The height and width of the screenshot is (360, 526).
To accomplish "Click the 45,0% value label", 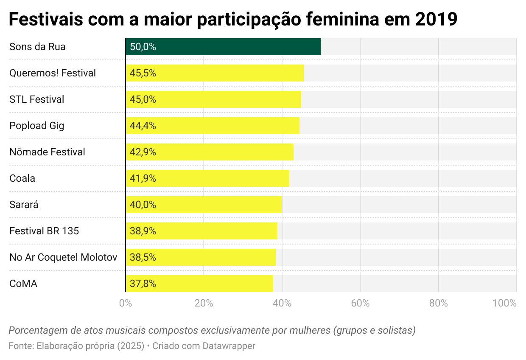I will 143,99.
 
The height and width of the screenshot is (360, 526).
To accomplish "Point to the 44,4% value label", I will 143,126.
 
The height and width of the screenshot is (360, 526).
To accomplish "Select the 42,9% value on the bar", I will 143,152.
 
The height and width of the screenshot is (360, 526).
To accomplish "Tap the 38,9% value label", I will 143,231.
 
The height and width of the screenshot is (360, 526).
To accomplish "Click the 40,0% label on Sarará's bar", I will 143,205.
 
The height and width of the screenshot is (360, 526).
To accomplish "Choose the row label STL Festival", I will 37,99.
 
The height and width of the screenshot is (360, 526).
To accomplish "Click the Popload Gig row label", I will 37,126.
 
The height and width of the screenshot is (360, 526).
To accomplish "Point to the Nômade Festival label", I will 47,152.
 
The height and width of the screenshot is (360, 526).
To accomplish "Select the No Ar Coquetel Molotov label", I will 63,257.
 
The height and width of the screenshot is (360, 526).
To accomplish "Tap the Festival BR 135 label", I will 44,231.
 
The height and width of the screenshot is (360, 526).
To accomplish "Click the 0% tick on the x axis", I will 125,303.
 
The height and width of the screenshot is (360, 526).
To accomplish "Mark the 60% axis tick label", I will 360,303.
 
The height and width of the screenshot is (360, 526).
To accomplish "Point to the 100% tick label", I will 504,303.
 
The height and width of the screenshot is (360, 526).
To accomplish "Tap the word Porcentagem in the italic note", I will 35,330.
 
